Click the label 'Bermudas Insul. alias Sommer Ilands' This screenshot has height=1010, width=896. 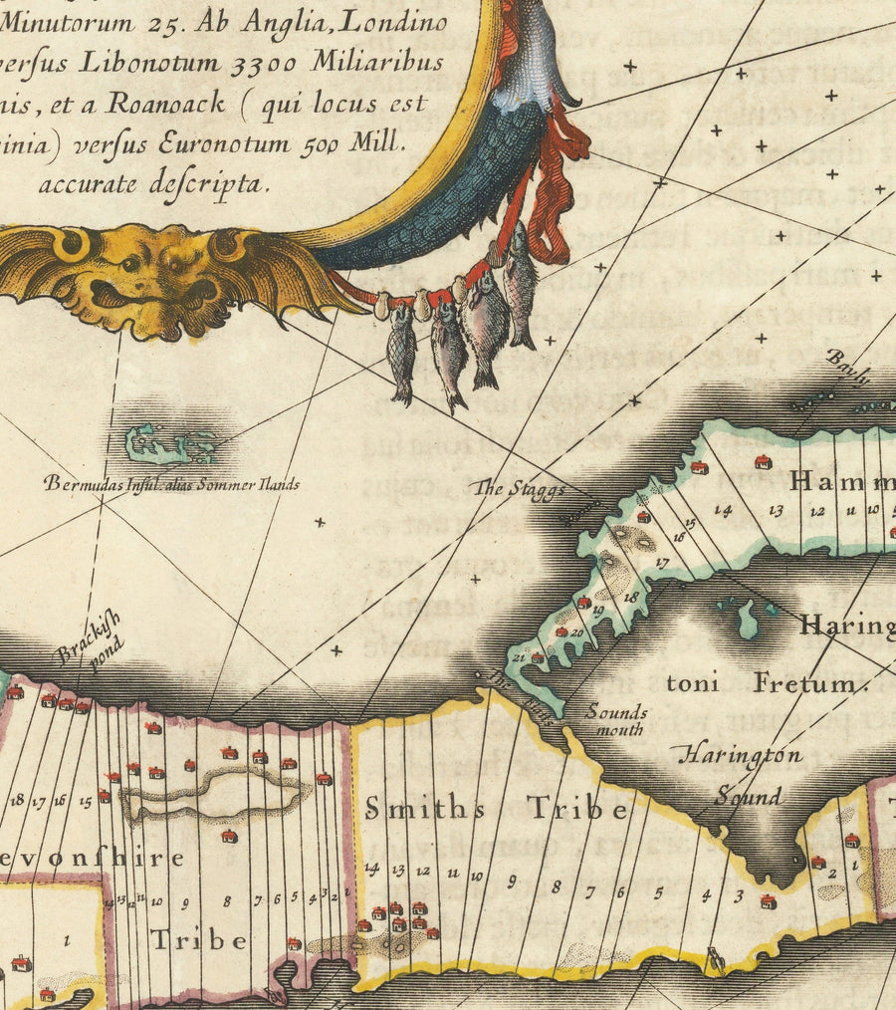coord(171,485)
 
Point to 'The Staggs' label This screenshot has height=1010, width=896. coord(519,489)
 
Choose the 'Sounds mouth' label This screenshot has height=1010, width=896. coord(615,720)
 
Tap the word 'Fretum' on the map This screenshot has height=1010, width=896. coord(804,683)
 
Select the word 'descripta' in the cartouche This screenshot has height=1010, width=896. coord(209,183)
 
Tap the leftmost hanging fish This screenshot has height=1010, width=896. coord(401,354)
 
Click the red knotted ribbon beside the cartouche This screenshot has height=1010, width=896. coord(554,189)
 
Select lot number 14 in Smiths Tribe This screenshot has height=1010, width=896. coord(372,869)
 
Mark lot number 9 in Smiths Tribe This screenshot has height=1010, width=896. coord(512,881)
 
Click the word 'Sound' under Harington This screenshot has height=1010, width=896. coord(748,797)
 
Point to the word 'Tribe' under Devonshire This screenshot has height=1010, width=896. coord(198,939)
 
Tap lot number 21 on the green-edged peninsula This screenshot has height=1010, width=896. coord(518,657)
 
